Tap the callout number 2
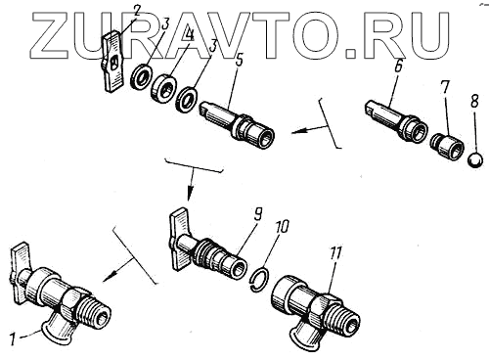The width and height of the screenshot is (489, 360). [x=136, y=11]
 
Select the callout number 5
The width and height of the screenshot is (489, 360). [x=239, y=59]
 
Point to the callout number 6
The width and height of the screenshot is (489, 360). [x=398, y=66]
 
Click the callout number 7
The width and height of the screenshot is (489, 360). [x=445, y=87]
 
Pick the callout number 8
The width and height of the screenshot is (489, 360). [x=474, y=101]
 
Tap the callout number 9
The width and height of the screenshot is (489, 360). [x=257, y=214]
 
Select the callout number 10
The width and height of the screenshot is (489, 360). [x=282, y=227]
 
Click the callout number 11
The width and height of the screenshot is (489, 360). [x=335, y=253]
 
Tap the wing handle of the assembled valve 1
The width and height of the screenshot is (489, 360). [x=19, y=276]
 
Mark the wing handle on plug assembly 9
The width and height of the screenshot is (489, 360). [x=179, y=239]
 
